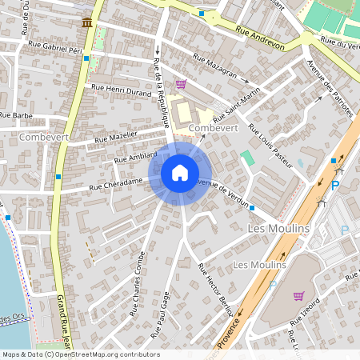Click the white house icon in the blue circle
coord(180,172)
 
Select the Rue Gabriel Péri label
coord(54,49)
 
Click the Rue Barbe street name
coord(15,114)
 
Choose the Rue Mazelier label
coord(116,138)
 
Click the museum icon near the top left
coord(86,22)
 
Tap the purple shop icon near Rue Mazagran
coord(182,84)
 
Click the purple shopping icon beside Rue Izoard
coord(298,296)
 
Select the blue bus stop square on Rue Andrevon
coord(202,14)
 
